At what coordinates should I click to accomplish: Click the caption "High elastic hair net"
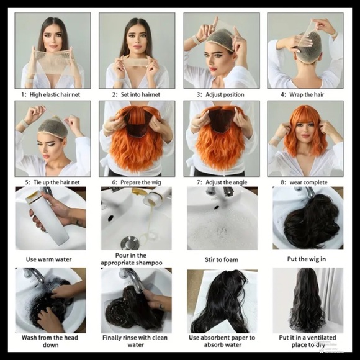coord(55,94)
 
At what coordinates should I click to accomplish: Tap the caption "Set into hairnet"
coord(140,94)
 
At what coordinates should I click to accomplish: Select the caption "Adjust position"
coord(225,94)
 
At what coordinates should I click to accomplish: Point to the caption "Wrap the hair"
coord(307,94)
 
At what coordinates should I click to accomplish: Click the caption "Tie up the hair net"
coord(56,182)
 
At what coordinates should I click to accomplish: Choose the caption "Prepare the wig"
coord(141,182)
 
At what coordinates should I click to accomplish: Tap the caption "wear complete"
coord(308,182)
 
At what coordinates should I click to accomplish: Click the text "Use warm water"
coord(48,259)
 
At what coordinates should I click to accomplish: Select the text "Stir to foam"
coord(222,259)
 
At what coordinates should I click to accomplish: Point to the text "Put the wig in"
coord(307,259)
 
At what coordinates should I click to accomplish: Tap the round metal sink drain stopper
coord(130,243)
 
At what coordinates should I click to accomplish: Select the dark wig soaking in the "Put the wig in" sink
coord(311,224)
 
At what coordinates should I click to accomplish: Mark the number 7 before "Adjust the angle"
coord(199,182)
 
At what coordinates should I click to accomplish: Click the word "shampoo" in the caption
coord(149,263)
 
